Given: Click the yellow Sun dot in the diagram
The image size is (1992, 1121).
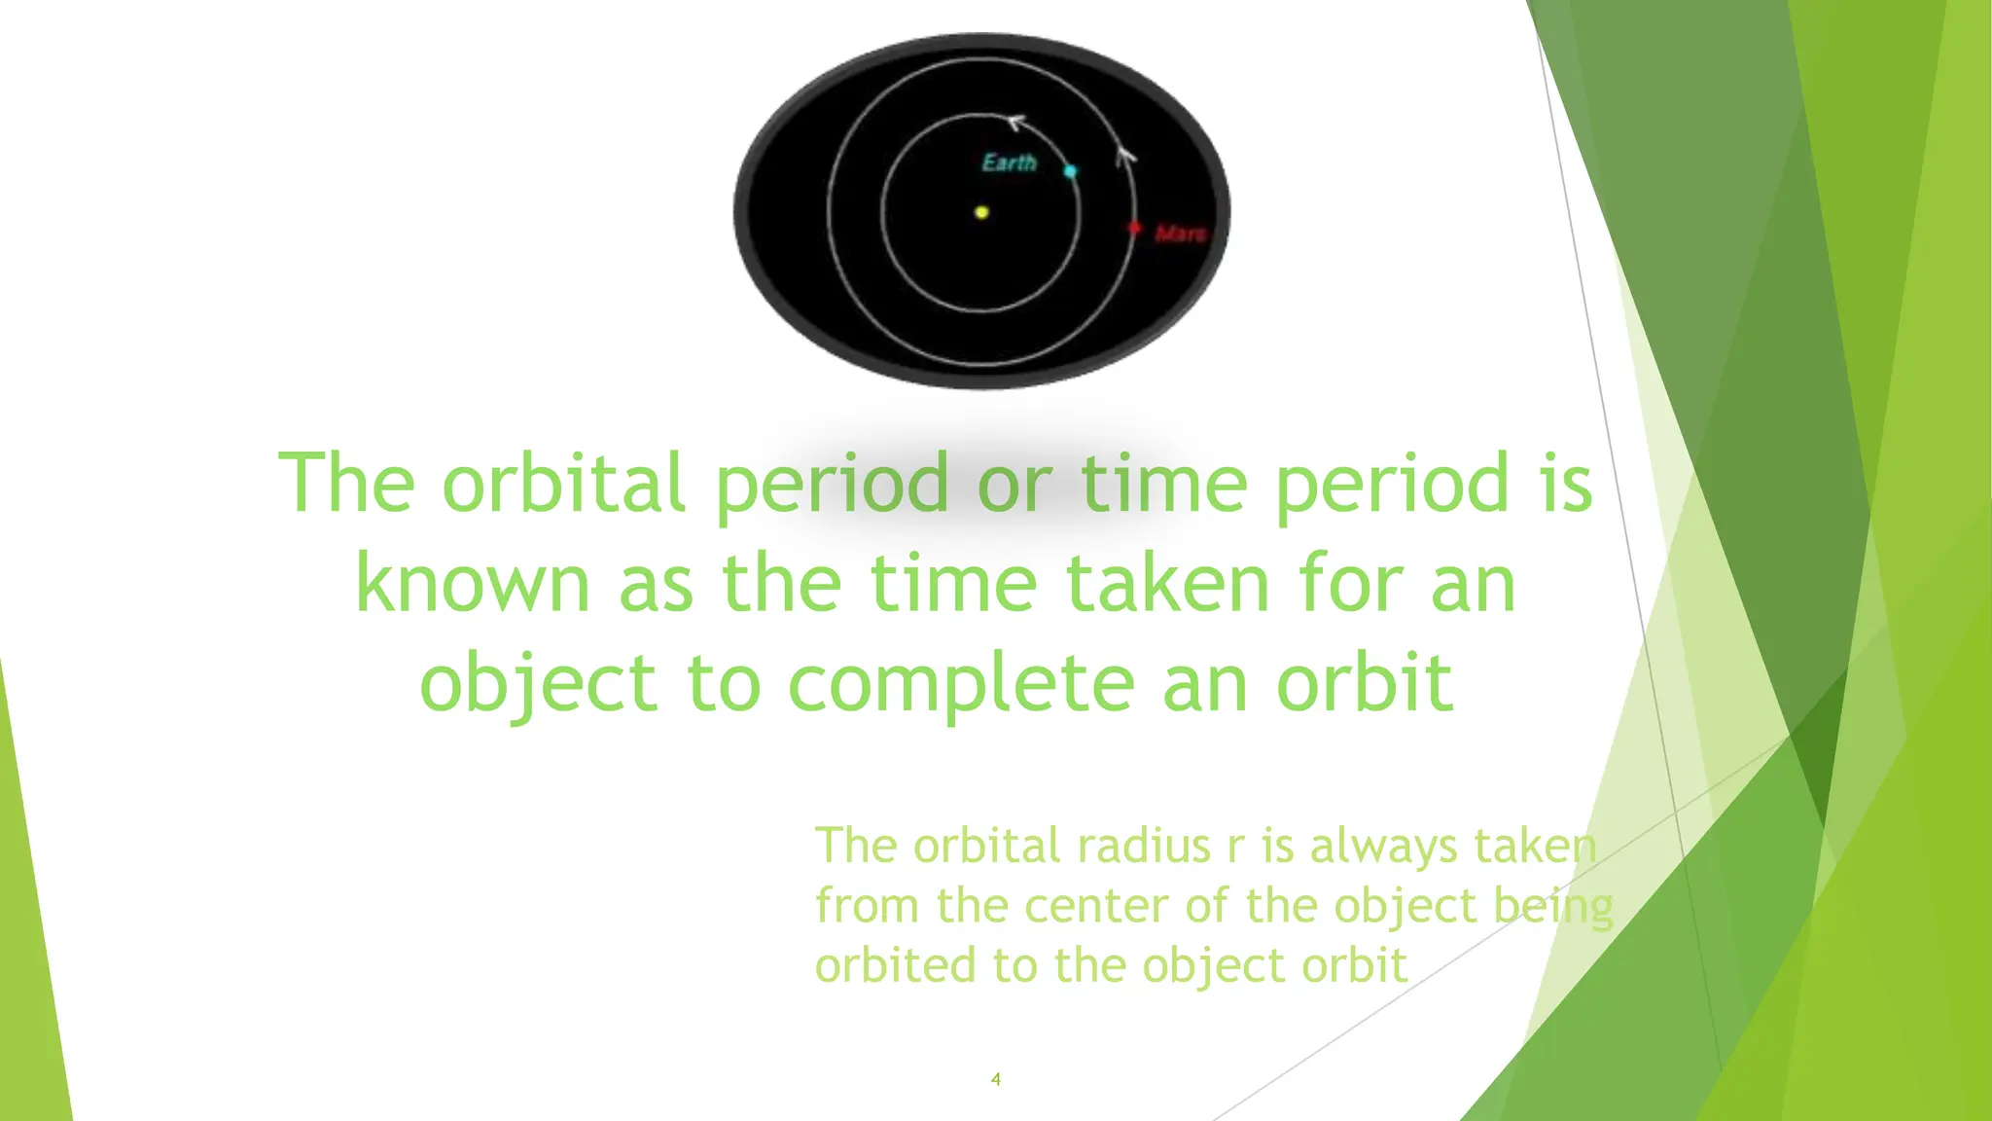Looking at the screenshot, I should tap(981, 212).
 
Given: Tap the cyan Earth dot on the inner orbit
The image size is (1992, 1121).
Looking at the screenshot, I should tap(1070, 171).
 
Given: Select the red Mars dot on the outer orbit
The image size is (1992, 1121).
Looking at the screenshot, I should tap(1134, 228).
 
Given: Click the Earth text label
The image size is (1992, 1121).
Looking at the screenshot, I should tap(1009, 163).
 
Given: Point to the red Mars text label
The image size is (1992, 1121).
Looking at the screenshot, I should tap(1180, 234).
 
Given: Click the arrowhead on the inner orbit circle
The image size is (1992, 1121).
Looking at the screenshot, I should tap(1014, 123).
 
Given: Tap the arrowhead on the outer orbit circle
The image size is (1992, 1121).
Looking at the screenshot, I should tap(1125, 155).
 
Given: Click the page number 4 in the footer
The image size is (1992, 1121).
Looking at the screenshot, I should tap(995, 1078).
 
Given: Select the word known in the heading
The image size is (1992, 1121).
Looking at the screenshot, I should tap(473, 584).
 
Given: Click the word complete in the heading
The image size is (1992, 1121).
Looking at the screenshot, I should tap(960, 684).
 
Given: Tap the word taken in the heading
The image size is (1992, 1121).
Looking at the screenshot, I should tap(1168, 584).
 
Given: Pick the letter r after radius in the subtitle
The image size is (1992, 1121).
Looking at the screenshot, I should tap(1235, 847).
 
